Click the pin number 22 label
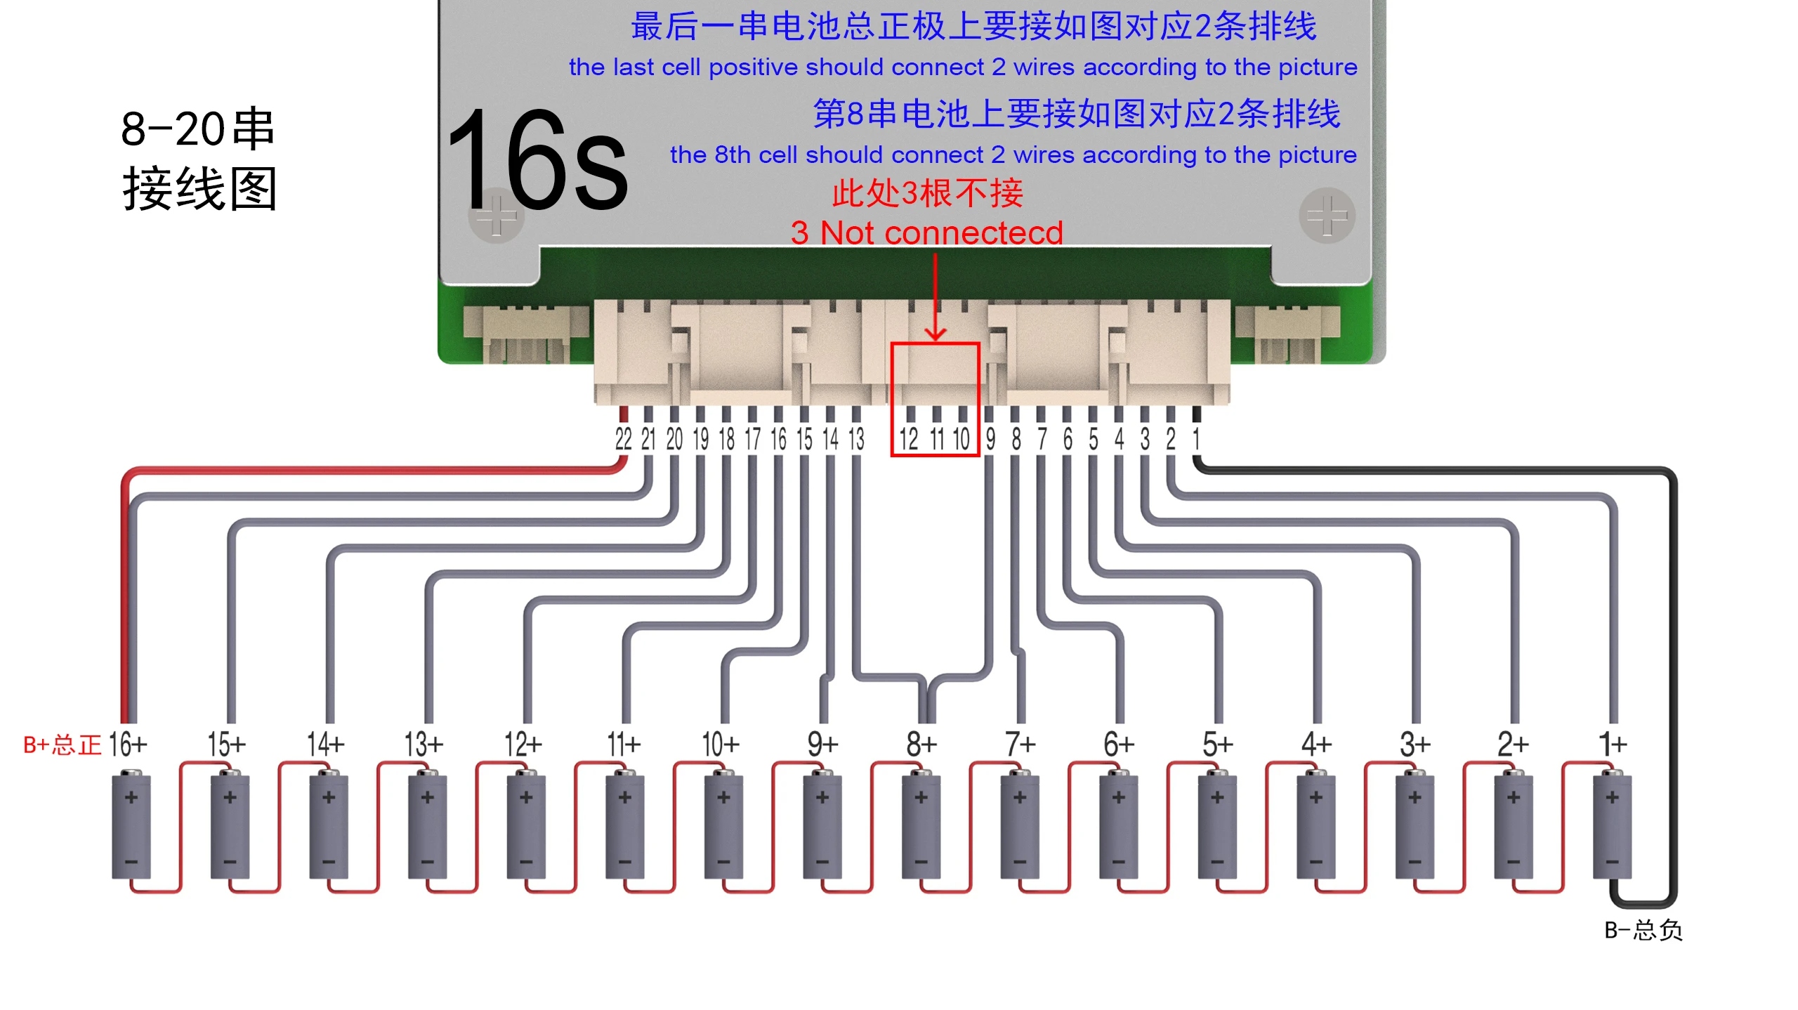[623, 439]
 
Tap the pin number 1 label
[1196, 439]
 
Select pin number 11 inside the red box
[936, 439]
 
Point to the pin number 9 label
[990, 439]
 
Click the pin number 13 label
[856, 439]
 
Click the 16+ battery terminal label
[128, 744]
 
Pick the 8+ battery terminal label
[921, 744]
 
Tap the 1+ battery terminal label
[1613, 744]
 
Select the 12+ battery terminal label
[523, 744]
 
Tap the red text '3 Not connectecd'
[926, 232]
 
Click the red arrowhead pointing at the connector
[935, 333]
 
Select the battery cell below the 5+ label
[1217, 826]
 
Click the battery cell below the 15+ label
[230, 826]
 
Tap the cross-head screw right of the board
[1327, 215]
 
